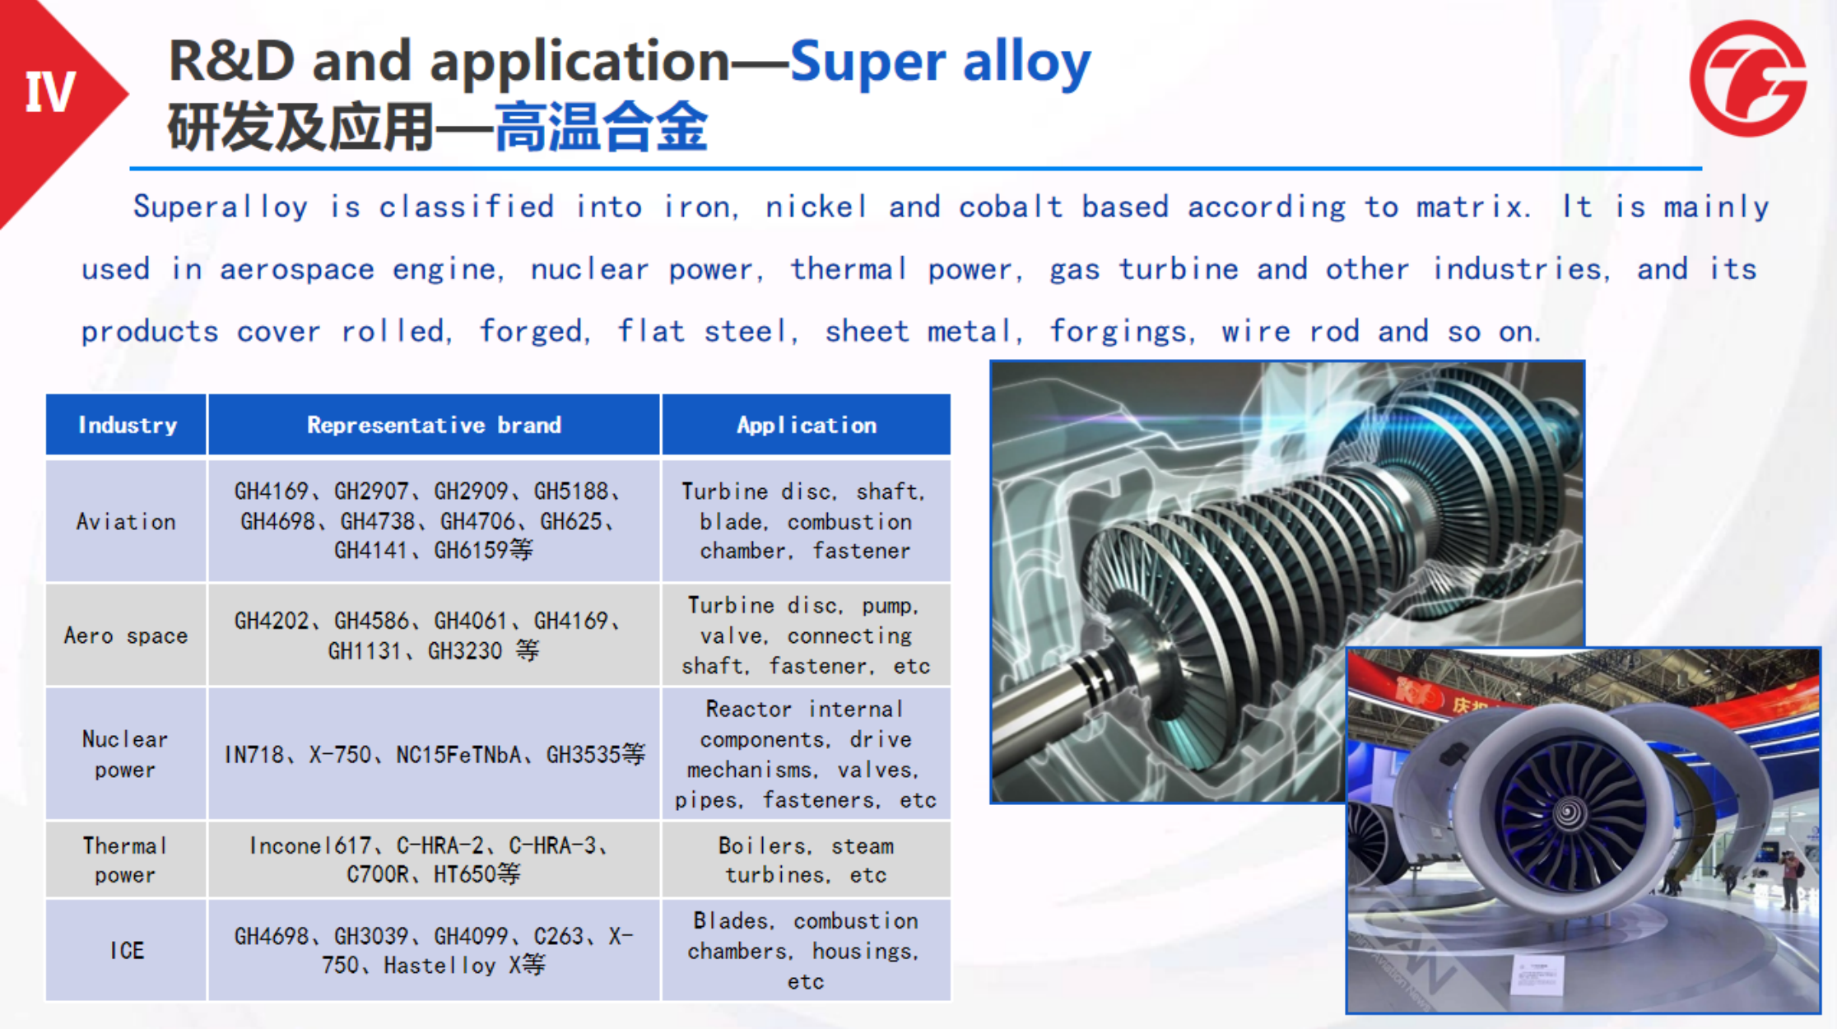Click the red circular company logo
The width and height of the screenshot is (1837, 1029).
tap(1748, 78)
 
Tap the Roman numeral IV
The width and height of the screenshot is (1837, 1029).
tap(50, 91)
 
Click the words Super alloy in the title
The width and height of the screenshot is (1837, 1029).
tap(940, 62)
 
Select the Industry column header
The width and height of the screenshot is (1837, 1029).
tap(127, 425)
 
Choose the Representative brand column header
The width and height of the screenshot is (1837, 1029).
tap(434, 425)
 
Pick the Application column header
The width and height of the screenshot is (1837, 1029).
tap(807, 425)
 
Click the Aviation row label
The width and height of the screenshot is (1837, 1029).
tap(126, 522)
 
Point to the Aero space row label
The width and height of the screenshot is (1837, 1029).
tap(126, 636)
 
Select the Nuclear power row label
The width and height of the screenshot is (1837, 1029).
tap(125, 754)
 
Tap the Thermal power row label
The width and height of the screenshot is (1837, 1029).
tap(125, 860)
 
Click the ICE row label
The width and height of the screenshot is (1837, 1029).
tap(127, 951)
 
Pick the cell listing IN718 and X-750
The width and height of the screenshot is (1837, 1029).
tap(435, 754)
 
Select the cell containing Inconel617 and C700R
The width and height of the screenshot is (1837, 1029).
tap(435, 859)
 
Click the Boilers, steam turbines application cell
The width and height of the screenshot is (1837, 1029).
tap(807, 859)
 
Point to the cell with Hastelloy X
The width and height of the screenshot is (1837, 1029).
tap(435, 950)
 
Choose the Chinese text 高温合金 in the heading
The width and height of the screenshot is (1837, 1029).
tap(601, 127)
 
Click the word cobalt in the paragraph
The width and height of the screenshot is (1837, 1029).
tap(1011, 206)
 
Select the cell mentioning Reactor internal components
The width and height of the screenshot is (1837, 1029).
tap(807, 754)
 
